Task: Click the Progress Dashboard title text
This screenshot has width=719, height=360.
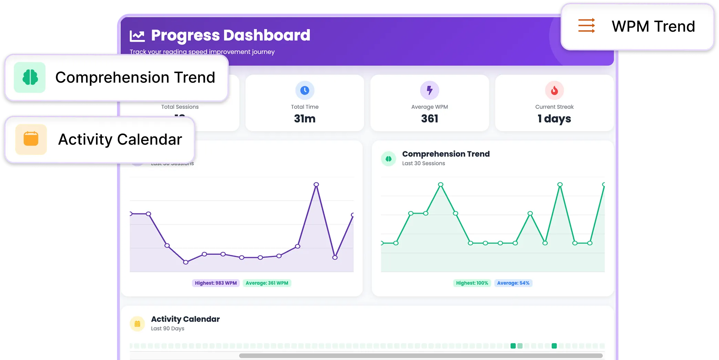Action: [x=230, y=35]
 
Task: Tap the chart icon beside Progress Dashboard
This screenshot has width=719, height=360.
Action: [x=137, y=36]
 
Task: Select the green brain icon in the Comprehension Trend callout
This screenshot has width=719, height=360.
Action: [x=30, y=78]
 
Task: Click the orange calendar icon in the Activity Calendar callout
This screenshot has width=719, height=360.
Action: [x=31, y=139]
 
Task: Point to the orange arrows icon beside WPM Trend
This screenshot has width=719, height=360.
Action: [x=586, y=26]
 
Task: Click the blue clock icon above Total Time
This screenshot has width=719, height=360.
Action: [x=305, y=90]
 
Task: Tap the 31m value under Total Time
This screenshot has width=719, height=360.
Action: [x=305, y=119]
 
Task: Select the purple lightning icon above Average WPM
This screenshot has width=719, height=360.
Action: [x=429, y=90]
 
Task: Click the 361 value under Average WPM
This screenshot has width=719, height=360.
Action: [x=429, y=119]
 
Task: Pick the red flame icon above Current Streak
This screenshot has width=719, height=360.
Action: [x=554, y=90]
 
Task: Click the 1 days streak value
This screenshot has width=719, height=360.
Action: [x=554, y=119]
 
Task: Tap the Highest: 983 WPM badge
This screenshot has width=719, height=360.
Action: [x=216, y=283]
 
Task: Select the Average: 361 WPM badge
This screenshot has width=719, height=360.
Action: [x=267, y=283]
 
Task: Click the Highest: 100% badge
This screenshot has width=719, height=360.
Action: [x=472, y=283]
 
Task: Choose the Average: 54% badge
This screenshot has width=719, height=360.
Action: [x=513, y=283]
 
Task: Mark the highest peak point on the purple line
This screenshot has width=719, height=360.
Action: [x=316, y=185]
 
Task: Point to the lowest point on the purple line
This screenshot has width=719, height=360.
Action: [x=186, y=262]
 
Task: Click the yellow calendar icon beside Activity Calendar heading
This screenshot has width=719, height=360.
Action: [x=137, y=324]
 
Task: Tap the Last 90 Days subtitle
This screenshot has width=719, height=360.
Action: [x=168, y=329]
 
